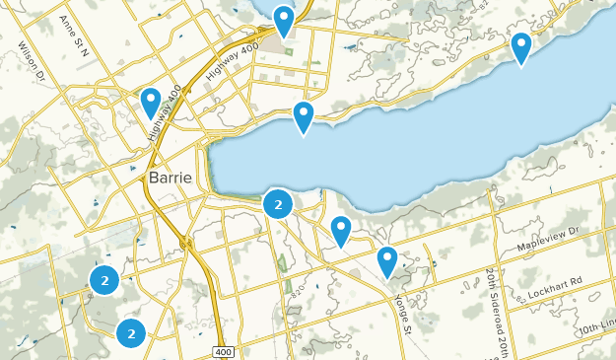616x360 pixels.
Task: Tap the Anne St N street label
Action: pyautogui.click(x=74, y=36)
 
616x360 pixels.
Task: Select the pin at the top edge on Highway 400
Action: pyautogui.click(x=284, y=21)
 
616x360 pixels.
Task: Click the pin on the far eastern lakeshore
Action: pyautogui.click(x=520, y=47)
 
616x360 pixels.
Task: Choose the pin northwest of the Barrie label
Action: pyautogui.click(x=151, y=102)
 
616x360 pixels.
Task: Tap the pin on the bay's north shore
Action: pyautogui.click(x=304, y=117)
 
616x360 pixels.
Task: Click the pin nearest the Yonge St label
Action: pyautogui.click(x=387, y=261)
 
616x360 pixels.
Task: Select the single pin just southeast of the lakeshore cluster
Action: pyautogui.click(x=341, y=231)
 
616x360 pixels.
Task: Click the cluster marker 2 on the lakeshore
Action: pyautogui.click(x=279, y=205)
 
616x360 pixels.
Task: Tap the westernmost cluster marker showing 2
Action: pyautogui.click(x=104, y=280)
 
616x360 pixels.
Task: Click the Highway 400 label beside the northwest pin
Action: pyautogui.click(x=165, y=109)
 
